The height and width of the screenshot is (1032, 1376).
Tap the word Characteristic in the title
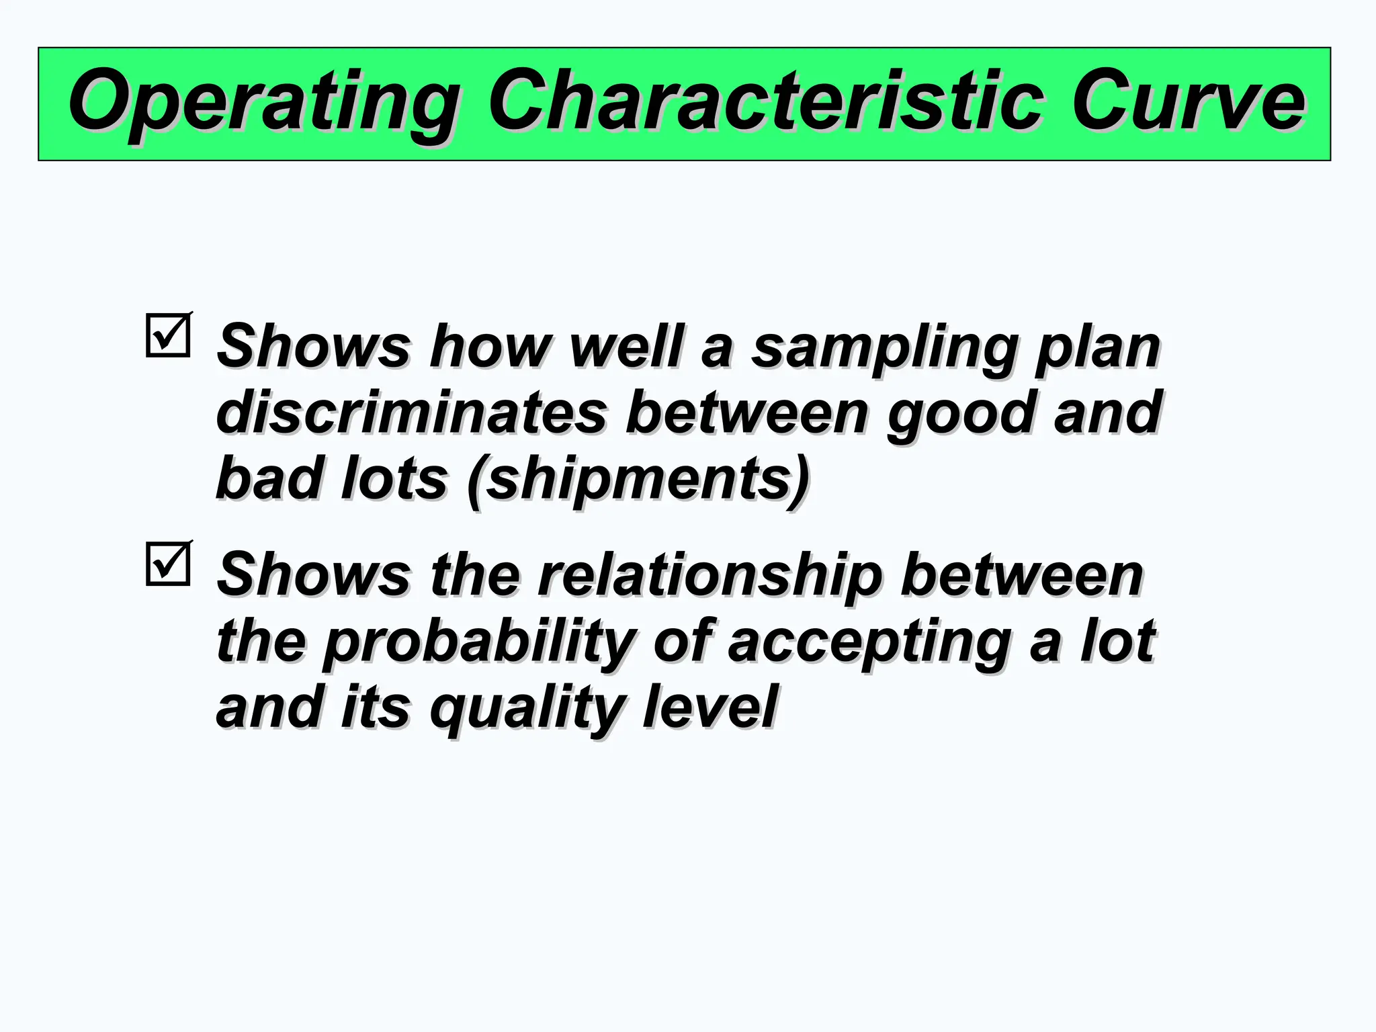[x=765, y=101]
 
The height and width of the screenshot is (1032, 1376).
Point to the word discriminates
[x=412, y=413]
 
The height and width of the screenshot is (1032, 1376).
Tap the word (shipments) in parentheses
[x=638, y=479]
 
